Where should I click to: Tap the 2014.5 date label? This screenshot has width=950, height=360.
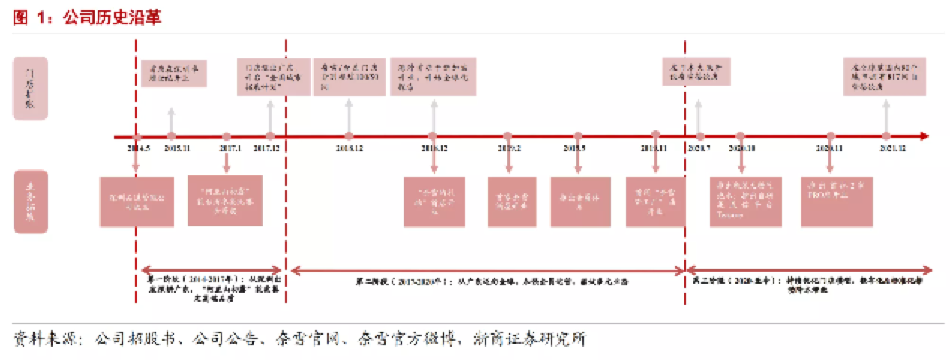(138, 148)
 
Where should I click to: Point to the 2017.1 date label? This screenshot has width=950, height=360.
(227, 148)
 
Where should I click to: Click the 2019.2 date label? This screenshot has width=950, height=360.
(508, 148)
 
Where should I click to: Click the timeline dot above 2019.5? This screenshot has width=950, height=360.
(578, 136)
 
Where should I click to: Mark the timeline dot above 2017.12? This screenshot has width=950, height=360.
(270, 136)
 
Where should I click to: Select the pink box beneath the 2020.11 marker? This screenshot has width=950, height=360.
(830, 201)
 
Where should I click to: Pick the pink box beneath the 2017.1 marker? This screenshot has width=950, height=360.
(225, 201)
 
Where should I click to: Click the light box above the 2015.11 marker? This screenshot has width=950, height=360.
(173, 73)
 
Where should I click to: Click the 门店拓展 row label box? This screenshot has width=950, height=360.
(30, 88)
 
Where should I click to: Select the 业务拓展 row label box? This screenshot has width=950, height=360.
(30, 201)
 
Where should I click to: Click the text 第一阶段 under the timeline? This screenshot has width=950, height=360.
(162, 278)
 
